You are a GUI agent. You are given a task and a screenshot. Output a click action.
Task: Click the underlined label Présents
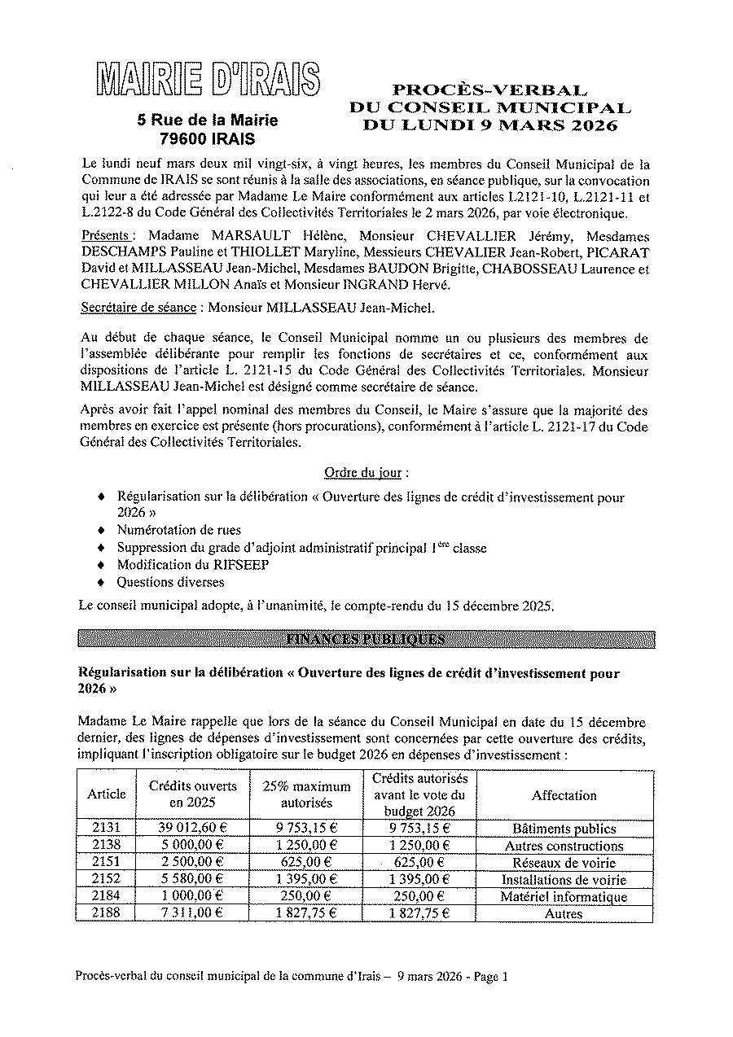[105, 235]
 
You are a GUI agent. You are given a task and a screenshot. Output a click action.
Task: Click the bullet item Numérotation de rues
[179, 531]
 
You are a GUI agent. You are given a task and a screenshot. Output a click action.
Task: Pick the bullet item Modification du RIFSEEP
[193, 565]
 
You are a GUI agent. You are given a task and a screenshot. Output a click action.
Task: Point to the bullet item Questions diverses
[170, 582]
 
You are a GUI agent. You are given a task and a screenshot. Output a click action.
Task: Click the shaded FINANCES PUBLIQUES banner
[366, 639]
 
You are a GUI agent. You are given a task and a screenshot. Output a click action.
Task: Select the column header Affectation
[564, 795]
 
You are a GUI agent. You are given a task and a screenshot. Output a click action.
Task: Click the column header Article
[107, 794]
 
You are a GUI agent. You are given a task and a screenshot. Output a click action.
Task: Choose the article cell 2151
[107, 862]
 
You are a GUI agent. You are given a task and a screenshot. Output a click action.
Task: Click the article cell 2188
[107, 913]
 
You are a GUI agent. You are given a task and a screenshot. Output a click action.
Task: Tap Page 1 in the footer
[489, 978]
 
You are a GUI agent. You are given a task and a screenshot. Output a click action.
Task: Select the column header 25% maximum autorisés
[306, 794]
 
